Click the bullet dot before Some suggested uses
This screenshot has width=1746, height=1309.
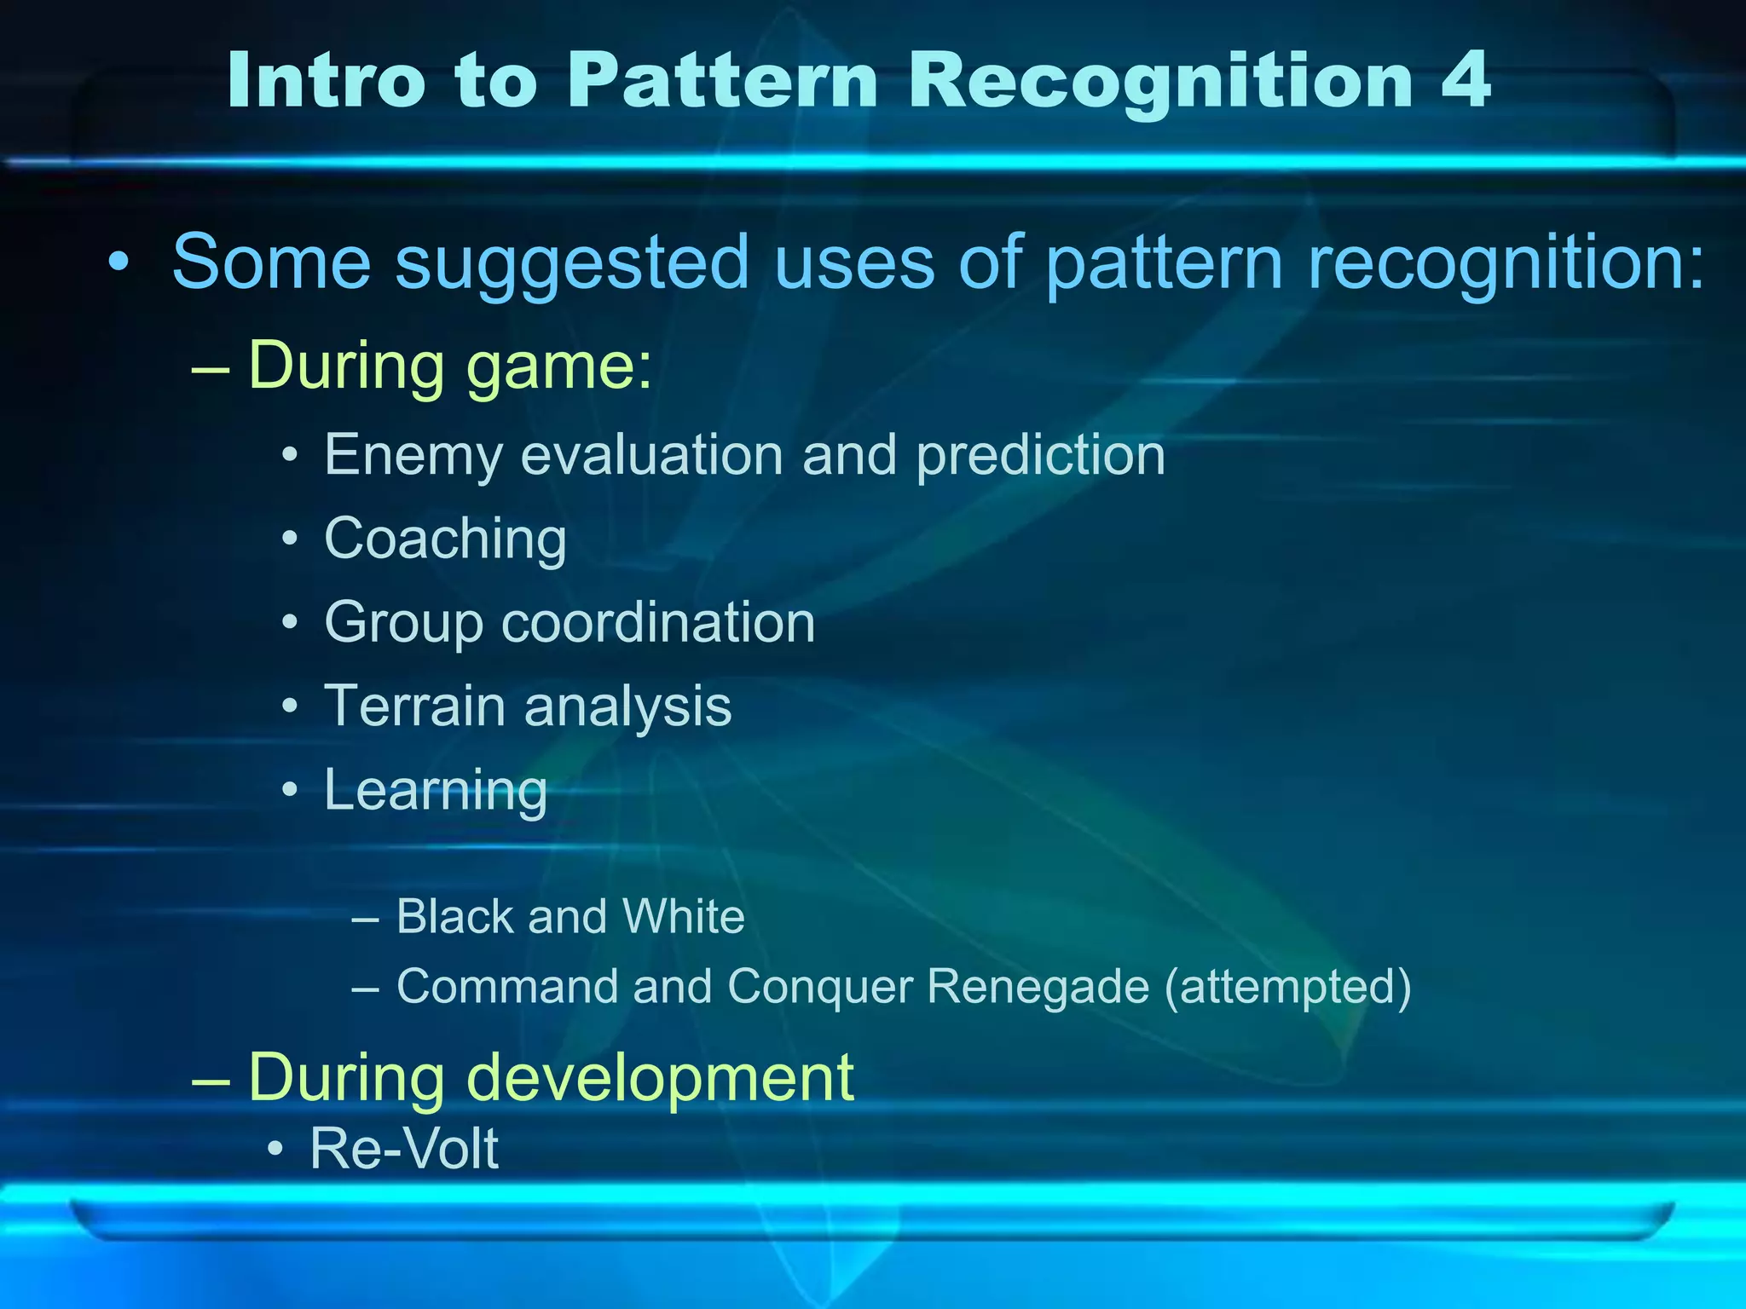120,259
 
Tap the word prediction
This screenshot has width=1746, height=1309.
1041,456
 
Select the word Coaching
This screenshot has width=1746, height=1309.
445,540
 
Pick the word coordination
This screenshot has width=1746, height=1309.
658,622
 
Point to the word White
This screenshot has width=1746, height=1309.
683,917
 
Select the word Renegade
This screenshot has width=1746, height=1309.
1038,988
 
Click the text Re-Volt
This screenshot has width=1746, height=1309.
404,1149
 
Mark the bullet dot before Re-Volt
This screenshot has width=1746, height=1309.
275,1150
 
